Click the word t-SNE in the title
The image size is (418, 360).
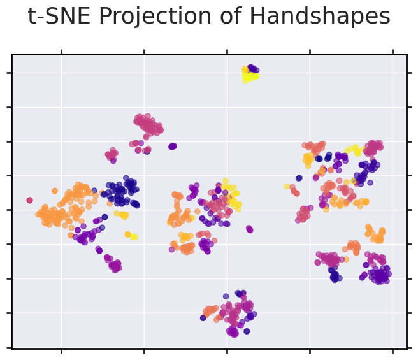click(x=55, y=17)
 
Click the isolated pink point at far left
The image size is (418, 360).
click(x=29, y=200)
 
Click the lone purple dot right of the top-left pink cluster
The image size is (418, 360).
click(x=172, y=146)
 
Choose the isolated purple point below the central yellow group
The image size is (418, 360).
click(x=249, y=229)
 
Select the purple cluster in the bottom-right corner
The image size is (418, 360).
click(x=380, y=274)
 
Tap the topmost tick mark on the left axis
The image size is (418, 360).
click(x=9, y=73)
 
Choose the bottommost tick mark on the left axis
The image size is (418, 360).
click(x=9, y=347)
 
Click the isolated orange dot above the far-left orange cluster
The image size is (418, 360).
click(x=55, y=191)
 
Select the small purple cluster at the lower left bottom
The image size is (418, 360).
click(x=115, y=265)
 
